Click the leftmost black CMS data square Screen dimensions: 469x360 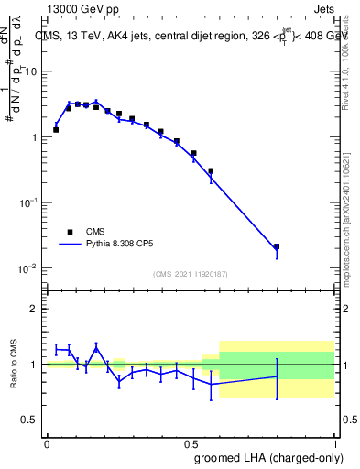click(56, 130)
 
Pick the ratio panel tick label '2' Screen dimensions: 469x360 click(36, 310)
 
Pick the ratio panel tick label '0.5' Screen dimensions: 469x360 click(31, 420)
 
